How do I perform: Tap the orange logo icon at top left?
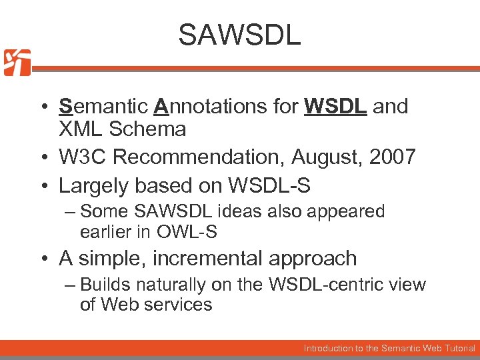coord(17,63)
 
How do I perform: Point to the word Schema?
coord(154,129)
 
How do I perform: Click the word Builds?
coord(105,285)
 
